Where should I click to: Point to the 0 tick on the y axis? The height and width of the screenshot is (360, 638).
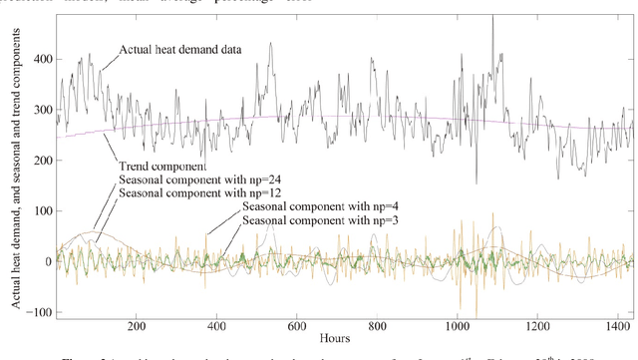pyautogui.click(x=48, y=261)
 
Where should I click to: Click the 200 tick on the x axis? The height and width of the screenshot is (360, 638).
pyautogui.click(x=137, y=325)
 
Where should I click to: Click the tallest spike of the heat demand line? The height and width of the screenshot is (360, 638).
pyautogui.click(x=492, y=16)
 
